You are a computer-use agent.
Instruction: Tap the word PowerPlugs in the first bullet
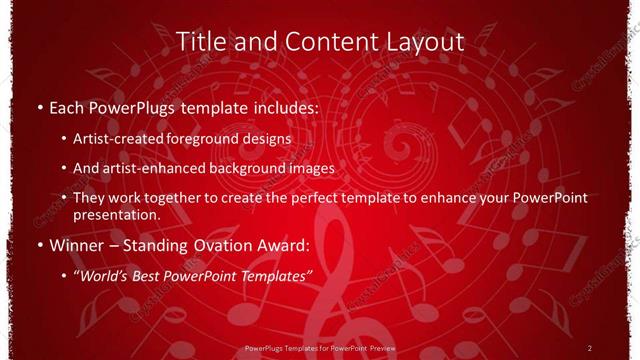pos(133,105)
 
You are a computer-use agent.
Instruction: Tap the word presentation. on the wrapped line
pos(116,214)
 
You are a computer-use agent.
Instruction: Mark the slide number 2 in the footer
pos(590,348)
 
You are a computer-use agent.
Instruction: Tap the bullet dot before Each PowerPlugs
pos(38,105)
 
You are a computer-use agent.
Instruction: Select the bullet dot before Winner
pos(38,245)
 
